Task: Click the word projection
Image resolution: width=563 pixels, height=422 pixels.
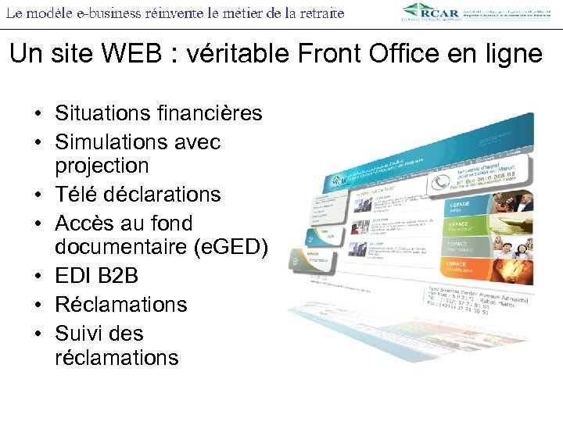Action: click(102, 166)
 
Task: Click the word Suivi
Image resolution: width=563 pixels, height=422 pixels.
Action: click(77, 333)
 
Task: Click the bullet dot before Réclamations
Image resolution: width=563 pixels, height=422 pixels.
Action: click(38, 304)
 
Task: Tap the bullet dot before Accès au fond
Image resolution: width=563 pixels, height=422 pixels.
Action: click(38, 224)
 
